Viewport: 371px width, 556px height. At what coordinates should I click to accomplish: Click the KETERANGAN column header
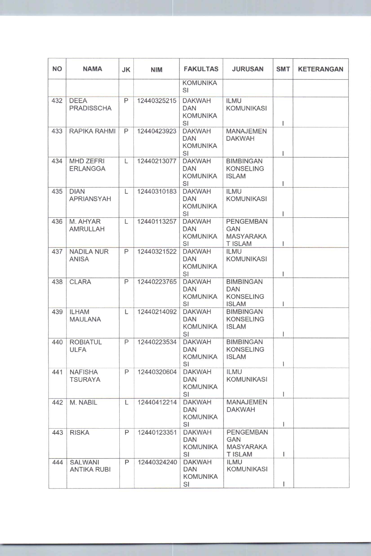(320, 69)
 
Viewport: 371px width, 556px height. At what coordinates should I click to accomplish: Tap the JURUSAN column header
(247, 69)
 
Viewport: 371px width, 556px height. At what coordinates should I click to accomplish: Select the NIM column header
(156, 70)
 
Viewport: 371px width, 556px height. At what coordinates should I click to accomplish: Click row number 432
(57, 101)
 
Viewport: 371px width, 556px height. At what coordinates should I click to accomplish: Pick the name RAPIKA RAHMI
(92, 131)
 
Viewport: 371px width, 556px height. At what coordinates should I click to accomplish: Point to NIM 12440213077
(157, 161)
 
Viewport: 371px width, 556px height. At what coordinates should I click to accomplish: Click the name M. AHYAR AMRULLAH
(87, 225)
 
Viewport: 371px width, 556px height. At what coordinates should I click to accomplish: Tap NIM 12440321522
(157, 252)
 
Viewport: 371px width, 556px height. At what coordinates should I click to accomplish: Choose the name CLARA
(80, 282)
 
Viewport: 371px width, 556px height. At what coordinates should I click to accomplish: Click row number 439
(57, 312)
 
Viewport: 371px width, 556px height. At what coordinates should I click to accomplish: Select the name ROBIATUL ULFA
(86, 346)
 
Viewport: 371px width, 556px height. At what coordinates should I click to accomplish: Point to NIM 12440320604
(157, 372)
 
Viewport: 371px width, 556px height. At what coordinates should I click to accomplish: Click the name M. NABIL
(83, 403)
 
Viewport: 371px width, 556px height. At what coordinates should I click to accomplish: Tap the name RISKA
(80, 432)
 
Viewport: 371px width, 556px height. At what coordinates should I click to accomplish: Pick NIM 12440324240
(157, 462)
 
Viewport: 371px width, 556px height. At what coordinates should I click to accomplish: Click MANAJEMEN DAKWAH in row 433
(246, 135)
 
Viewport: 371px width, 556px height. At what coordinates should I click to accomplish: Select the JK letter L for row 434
(126, 161)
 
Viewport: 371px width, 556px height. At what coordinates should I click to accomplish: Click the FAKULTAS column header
(201, 69)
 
